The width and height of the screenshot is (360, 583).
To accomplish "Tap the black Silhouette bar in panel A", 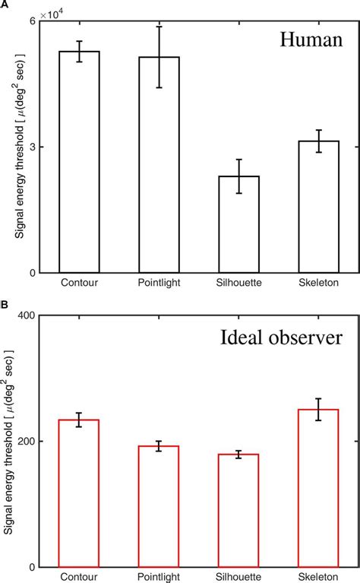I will point(238,224).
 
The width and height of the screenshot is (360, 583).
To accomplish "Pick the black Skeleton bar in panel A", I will point(318,207).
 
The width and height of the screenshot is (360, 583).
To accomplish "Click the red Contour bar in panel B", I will point(80,493).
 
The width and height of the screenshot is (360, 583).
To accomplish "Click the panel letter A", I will point(5,5).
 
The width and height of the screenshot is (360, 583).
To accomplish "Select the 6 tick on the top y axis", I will point(32,21).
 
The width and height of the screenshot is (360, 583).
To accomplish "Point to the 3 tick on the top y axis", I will point(32,147).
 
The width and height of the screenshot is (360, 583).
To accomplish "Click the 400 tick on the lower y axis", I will point(27,315).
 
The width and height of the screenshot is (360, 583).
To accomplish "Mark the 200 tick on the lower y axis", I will point(27,442).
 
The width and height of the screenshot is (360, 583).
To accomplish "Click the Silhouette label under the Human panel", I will point(238,284).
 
